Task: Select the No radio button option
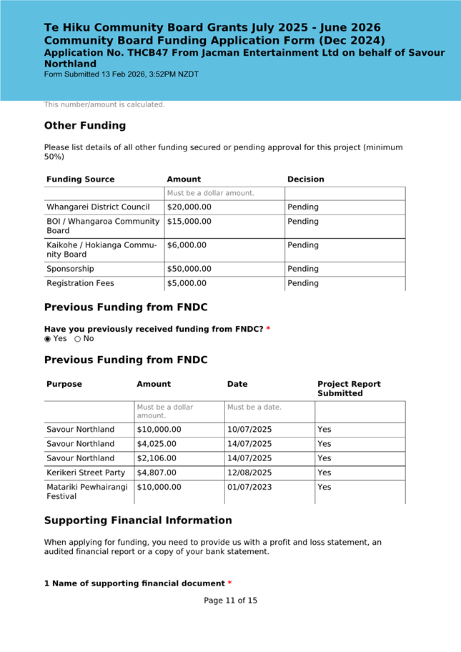click(78, 338)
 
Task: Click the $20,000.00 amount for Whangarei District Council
click(189, 207)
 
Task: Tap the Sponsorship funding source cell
click(70, 269)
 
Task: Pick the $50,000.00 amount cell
click(189, 269)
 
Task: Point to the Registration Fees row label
click(80, 283)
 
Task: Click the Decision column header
click(305, 179)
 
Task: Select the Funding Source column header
click(80, 179)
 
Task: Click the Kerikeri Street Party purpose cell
click(86, 473)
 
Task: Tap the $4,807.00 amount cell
click(159, 473)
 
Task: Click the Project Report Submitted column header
click(349, 389)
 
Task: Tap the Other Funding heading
click(85, 126)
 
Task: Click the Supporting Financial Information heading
click(138, 520)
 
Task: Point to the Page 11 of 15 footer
click(230, 601)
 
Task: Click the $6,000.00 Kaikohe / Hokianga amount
click(187, 245)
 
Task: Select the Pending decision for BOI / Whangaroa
click(303, 222)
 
